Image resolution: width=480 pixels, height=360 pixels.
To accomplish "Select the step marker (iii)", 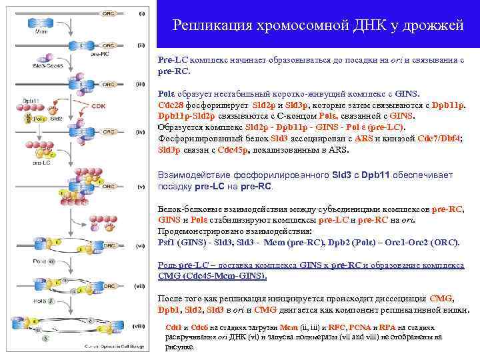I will (x=141, y=84).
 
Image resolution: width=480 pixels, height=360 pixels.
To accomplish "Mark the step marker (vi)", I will (x=141, y=246).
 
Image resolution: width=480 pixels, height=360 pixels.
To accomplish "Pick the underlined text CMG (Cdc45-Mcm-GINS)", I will (x=211, y=275).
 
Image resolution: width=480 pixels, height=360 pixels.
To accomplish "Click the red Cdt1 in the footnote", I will (x=173, y=327).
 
